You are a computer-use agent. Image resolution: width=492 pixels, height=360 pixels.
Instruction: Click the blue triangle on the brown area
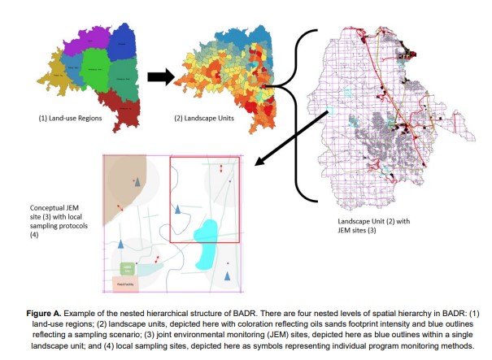click(x=137, y=182)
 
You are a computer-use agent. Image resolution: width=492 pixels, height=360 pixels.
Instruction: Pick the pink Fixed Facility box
click(x=127, y=284)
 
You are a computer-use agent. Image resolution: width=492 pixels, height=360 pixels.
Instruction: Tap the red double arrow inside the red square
click(x=222, y=168)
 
